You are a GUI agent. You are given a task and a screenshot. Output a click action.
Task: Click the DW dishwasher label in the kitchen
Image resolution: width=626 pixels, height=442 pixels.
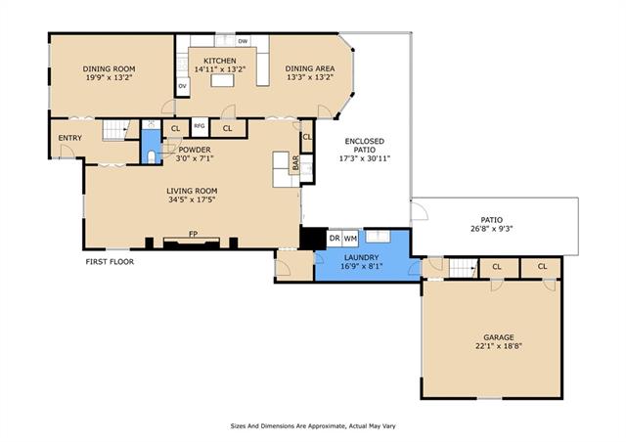[x=243, y=41]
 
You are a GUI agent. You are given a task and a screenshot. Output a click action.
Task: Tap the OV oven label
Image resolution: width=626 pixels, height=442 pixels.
[x=183, y=86]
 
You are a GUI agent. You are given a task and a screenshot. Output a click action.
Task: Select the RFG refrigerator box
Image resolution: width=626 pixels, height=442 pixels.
[x=200, y=126]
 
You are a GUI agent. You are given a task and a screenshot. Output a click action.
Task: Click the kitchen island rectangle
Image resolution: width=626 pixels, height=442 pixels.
[x=222, y=80]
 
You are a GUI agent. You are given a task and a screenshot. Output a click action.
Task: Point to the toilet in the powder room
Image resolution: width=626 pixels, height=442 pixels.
[x=151, y=156]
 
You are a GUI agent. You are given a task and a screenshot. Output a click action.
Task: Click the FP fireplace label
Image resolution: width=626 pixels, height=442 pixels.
[x=194, y=234]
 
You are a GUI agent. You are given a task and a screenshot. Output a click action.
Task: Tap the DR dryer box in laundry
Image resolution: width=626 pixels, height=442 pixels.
[x=335, y=239]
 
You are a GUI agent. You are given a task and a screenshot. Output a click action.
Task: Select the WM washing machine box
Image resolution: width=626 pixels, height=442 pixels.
[x=350, y=239]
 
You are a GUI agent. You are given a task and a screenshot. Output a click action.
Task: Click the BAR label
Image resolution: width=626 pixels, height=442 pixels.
[x=295, y=163]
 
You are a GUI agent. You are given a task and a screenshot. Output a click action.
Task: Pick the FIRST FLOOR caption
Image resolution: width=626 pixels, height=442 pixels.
[x=110, y=262]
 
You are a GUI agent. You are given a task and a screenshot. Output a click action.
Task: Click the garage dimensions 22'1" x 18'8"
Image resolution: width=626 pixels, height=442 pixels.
[x=499, y=346]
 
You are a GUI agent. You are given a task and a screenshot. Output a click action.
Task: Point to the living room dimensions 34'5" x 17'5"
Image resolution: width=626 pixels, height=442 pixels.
[x=192, y=199]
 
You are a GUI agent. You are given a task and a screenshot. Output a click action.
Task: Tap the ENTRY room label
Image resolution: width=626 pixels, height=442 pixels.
[x=69, y=138]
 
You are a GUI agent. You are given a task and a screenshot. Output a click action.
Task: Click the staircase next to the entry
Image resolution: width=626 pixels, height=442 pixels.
[x=115, y=130]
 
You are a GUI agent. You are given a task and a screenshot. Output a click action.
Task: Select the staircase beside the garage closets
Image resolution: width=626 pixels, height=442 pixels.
[x=463, y=268]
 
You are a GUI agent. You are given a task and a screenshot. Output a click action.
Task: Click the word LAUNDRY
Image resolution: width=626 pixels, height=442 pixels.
[x=362, y=257]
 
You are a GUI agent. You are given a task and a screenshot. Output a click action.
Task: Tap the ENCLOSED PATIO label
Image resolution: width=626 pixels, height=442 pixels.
[x=365, y=146]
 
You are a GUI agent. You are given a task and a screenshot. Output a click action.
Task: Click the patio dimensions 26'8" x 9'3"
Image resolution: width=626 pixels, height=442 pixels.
[x=491, y=229]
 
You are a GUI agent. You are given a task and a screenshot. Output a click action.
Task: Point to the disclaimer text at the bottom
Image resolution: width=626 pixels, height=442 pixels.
[x=313, y=426]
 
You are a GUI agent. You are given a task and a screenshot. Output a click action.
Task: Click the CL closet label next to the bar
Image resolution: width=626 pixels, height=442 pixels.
[x=307, y=137]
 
